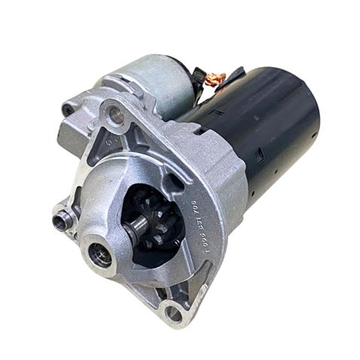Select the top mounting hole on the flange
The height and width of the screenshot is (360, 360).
pos(116,114)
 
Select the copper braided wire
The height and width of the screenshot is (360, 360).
pos(216,78)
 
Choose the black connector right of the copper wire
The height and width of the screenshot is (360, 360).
pos(235,75)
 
